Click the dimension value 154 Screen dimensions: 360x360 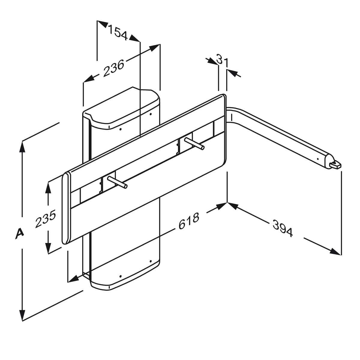pos(118,33)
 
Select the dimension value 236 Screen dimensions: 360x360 pos(114,68)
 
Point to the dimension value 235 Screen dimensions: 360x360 pos(46,219)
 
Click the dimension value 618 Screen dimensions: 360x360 pos(189,221)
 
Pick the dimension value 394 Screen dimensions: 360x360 pos(283,228)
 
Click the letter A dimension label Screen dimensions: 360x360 pos(19,233)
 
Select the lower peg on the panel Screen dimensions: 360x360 pos(117,182)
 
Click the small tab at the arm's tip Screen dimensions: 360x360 pos(336,165)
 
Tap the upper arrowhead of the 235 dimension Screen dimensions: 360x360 pos(48,188)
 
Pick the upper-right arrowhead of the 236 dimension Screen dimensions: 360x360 pos(154,48)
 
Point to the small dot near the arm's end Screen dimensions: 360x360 pos(317,159)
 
